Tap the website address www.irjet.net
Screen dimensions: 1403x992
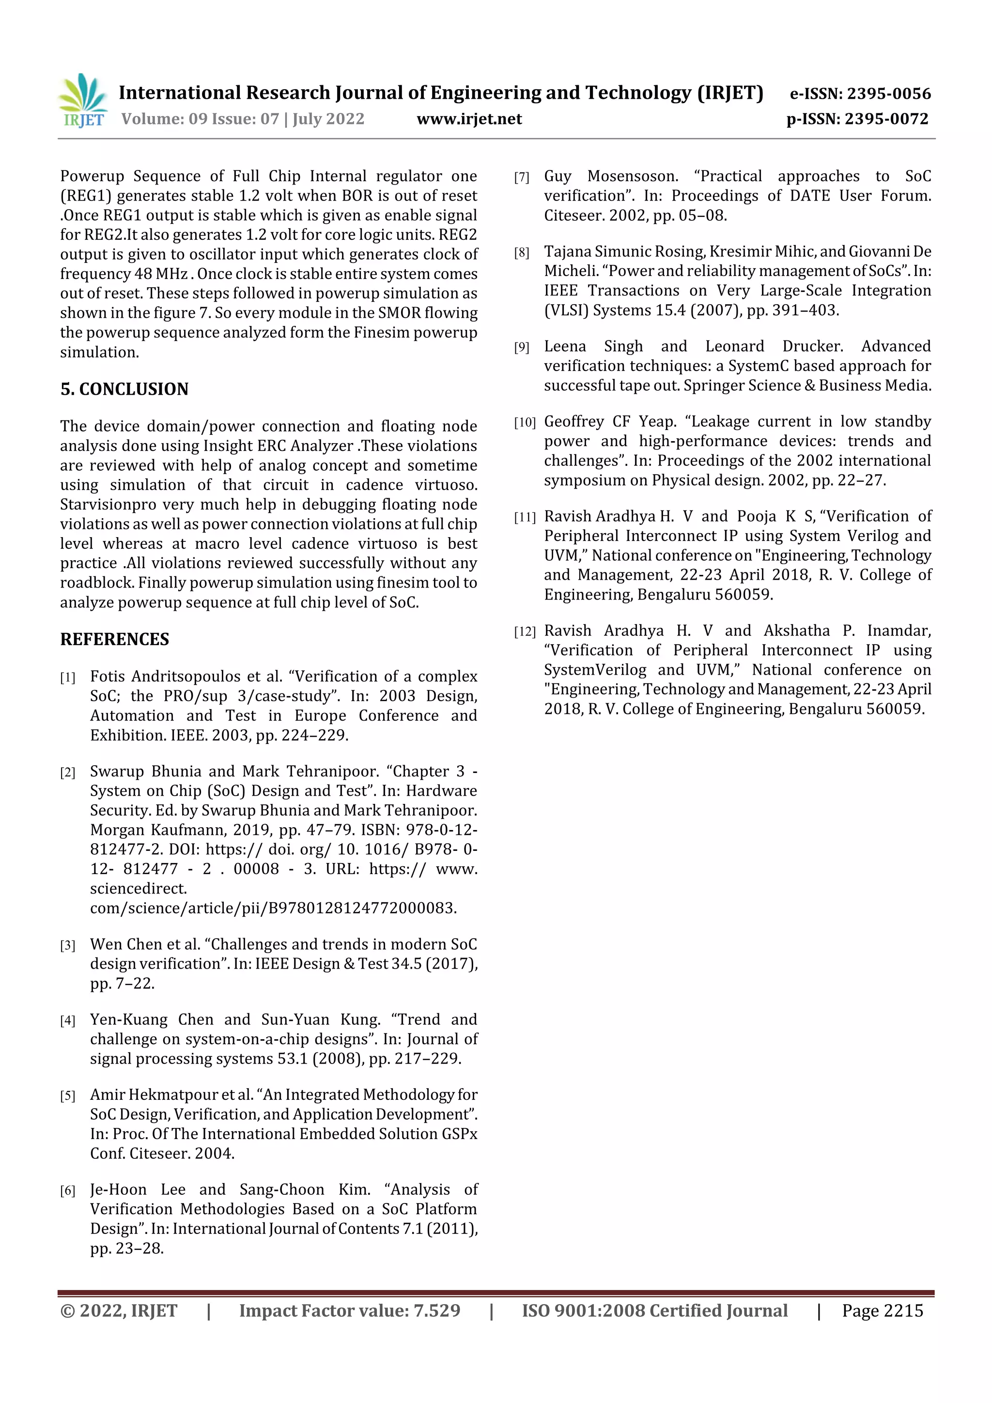469,119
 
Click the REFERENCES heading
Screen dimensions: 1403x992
114,639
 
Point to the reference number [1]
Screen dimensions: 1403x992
67,678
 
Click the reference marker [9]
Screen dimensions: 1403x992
521,348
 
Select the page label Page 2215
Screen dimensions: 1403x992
882,1310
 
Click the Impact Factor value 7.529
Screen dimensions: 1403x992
436,1310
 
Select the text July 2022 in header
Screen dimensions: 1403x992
328,119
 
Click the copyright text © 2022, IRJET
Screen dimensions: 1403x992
119,1310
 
